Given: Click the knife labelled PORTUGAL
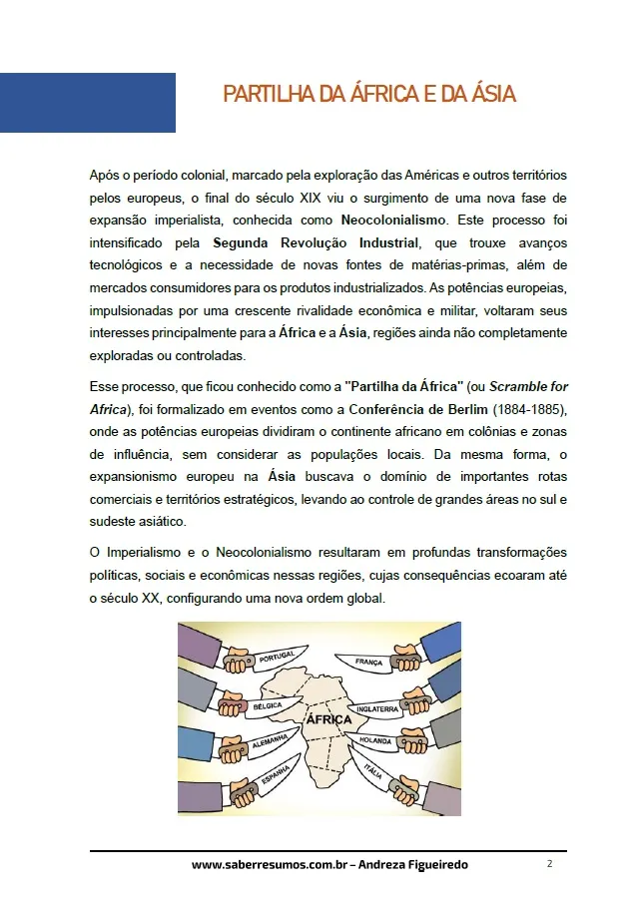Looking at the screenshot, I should pos(274,660).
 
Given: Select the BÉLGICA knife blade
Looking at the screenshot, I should pos(267,705).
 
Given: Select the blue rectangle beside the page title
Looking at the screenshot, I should pos(88,103).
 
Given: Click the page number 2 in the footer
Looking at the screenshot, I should pos(549,864).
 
